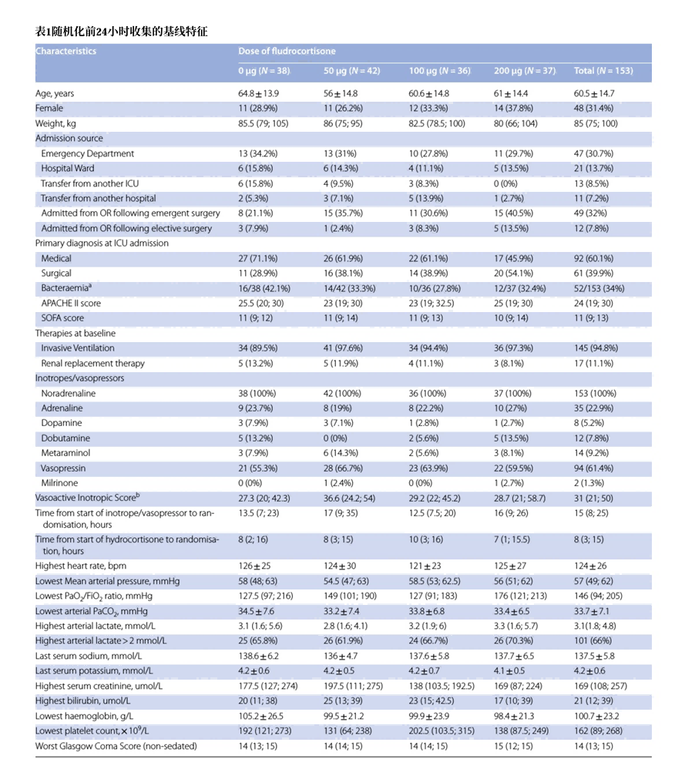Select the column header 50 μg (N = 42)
tap(351, 71)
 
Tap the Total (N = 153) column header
tap(603, 71)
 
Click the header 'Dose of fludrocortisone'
tap(287, 52)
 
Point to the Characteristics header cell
tap(66, 52)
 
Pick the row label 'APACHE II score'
tap(71, 303)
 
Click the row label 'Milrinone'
tap(59, 483)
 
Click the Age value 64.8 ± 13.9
tap(258, 93)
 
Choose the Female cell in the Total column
tap(595, 109)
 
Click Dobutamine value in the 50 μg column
tap(336, 438)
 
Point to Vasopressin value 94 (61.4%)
tap(594, 468)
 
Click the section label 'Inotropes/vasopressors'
tap(79, 378)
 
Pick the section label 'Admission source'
tap(69, 139)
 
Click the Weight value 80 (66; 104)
tap(521, 123)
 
